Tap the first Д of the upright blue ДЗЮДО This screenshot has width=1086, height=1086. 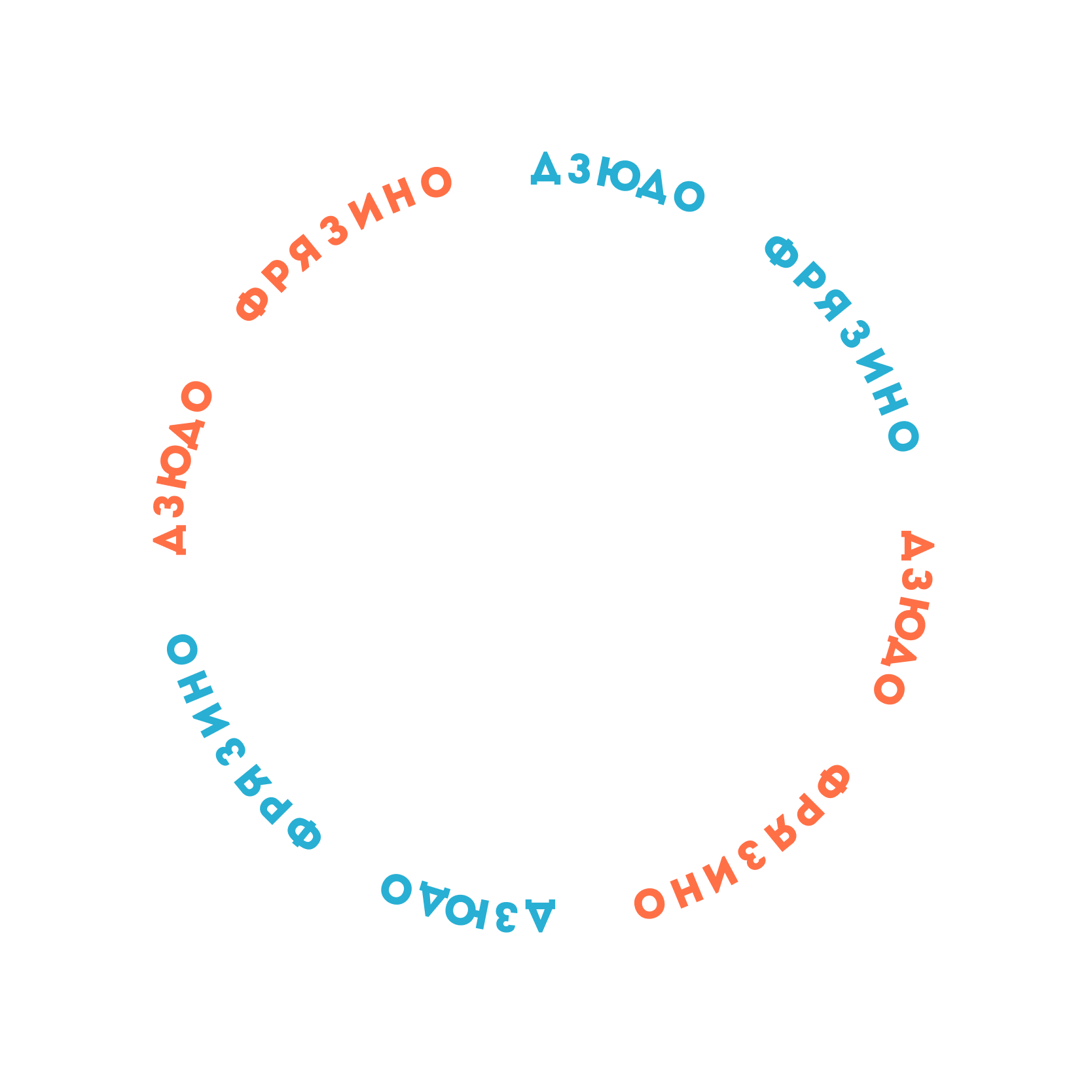545,169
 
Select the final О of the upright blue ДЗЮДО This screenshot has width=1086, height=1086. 689,196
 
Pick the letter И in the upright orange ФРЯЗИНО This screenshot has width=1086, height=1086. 365,212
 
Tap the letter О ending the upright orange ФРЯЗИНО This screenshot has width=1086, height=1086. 437,182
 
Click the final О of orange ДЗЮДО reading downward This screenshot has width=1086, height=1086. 889,689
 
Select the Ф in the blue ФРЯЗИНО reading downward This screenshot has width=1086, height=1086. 781,253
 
